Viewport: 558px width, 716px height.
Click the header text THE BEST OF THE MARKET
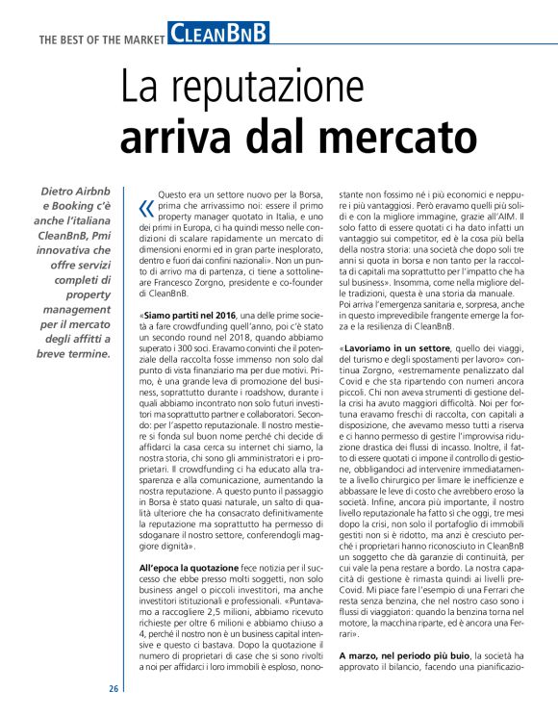[x=101, y=38]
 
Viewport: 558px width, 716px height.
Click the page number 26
[x=114, y=689]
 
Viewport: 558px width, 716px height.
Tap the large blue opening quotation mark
[x=146, y=209]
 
